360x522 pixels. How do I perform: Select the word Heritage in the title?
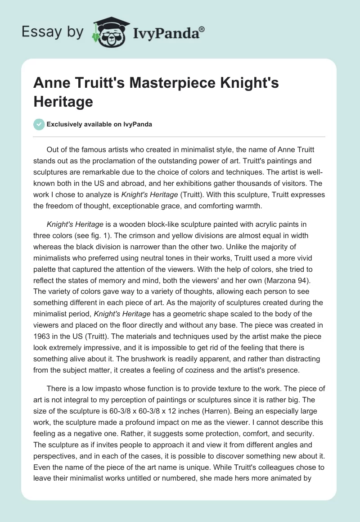click(63, 101)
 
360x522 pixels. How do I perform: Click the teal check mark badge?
click(40, 124)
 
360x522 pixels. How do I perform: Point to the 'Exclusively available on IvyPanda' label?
click(99, 125)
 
